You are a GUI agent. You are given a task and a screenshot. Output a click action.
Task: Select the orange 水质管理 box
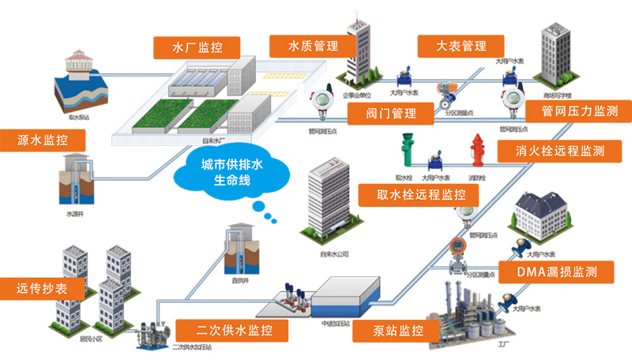click(303, 46)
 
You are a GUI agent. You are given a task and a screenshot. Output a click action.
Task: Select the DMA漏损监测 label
click(556, 272)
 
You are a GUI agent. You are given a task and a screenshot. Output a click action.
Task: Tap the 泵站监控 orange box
click(400, 330)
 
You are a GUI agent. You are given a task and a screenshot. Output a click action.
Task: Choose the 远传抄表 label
click(41, 288)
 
